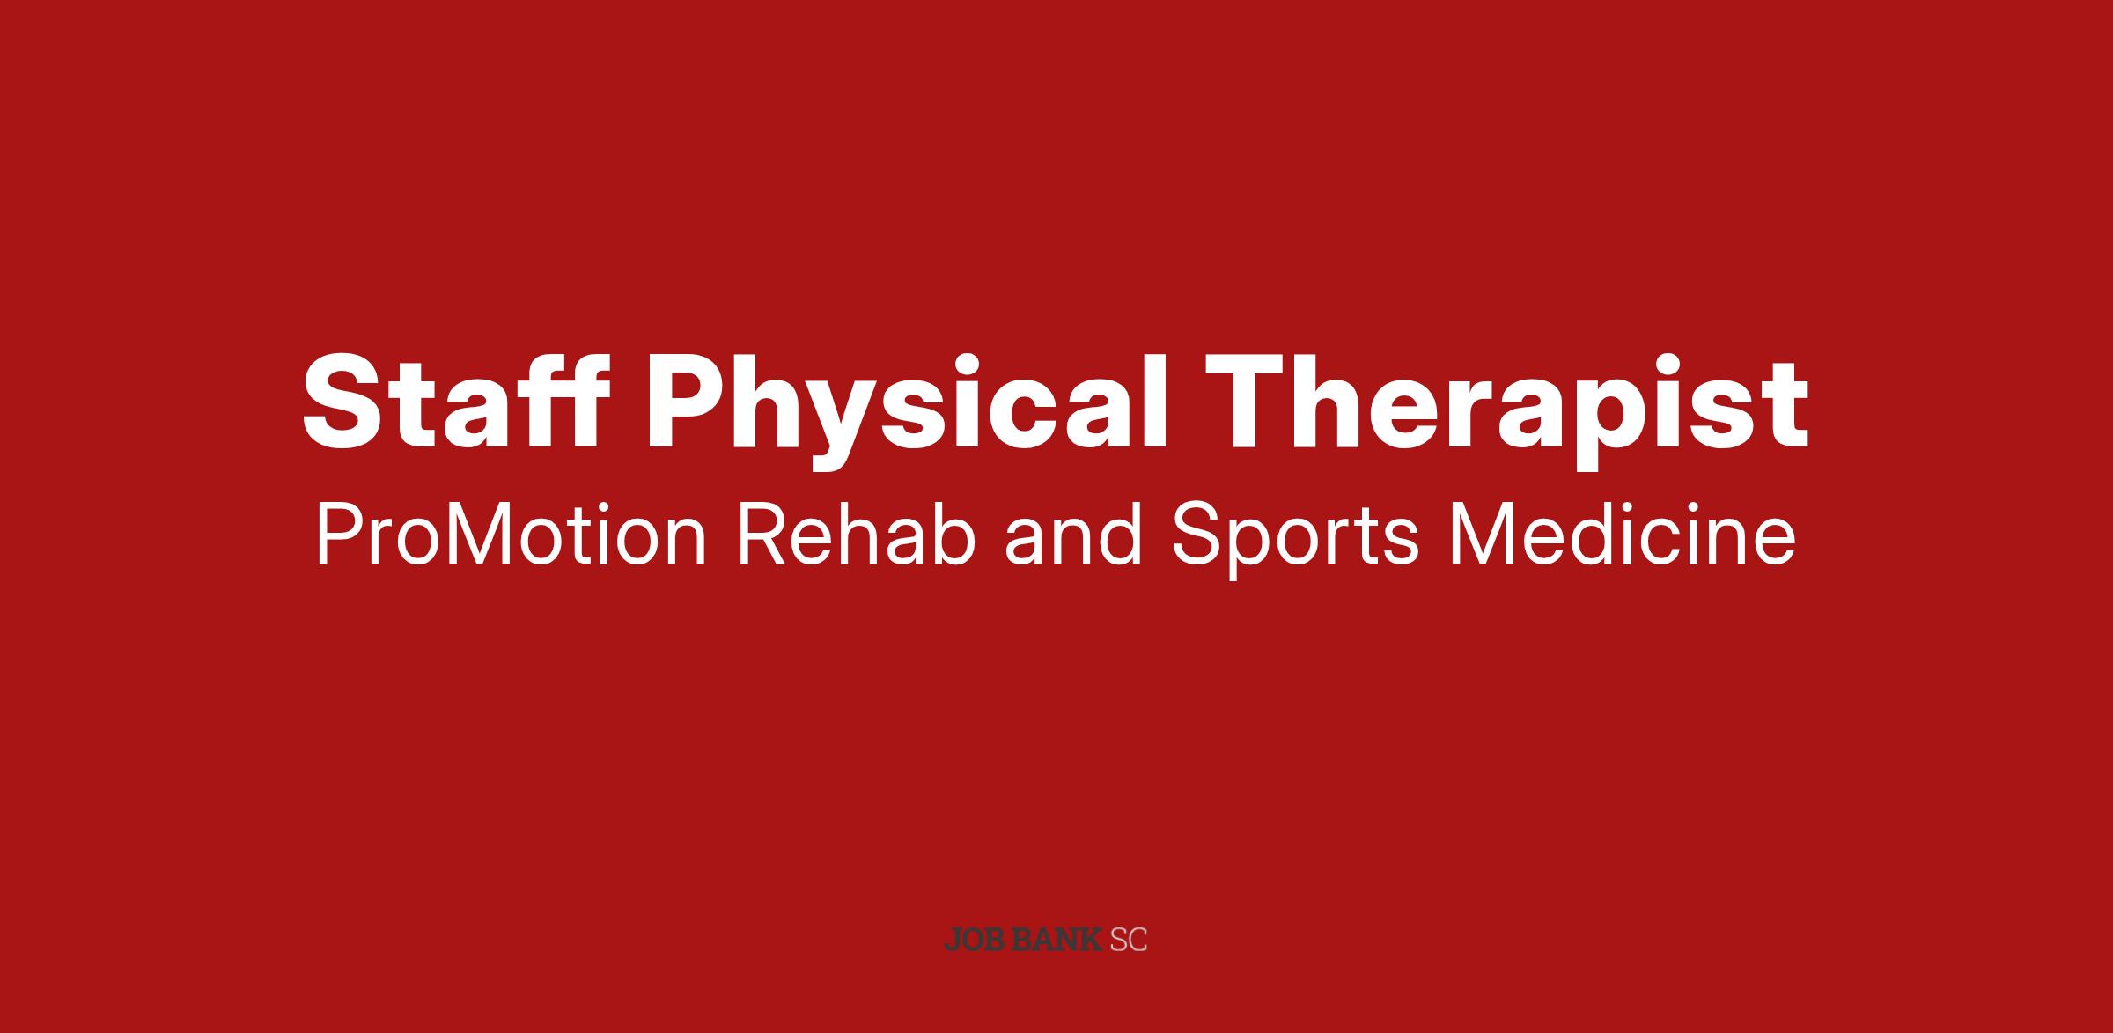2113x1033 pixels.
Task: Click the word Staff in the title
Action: tap(456, 402)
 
